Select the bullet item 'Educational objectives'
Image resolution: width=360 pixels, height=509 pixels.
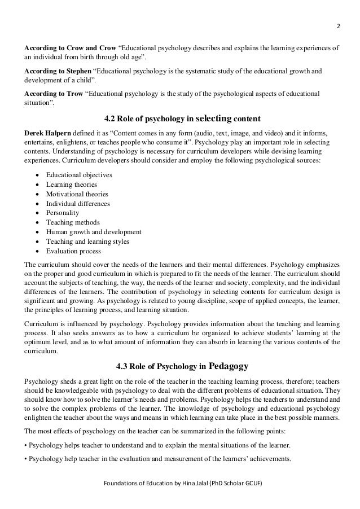79,175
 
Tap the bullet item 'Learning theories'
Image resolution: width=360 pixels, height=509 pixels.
72,185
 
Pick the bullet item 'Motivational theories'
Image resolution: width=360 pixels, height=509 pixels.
77,194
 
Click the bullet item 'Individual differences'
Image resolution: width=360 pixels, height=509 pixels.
78,204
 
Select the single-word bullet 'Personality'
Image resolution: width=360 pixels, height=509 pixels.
63,213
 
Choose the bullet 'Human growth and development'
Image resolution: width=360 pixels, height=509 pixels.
94,232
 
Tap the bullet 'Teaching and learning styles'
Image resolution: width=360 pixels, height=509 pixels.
87,242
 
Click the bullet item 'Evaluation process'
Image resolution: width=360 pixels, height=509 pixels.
73,252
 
